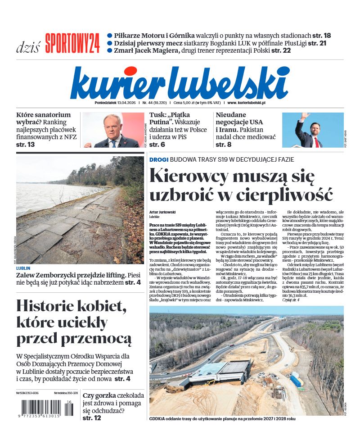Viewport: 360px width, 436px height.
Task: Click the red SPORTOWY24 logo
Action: tap(72, 44)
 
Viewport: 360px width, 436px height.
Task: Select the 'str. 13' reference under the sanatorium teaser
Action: tap(26, 145)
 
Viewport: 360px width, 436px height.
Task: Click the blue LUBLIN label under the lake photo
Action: tap(23, 268)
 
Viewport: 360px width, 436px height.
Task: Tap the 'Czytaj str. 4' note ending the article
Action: tap(291, 300)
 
